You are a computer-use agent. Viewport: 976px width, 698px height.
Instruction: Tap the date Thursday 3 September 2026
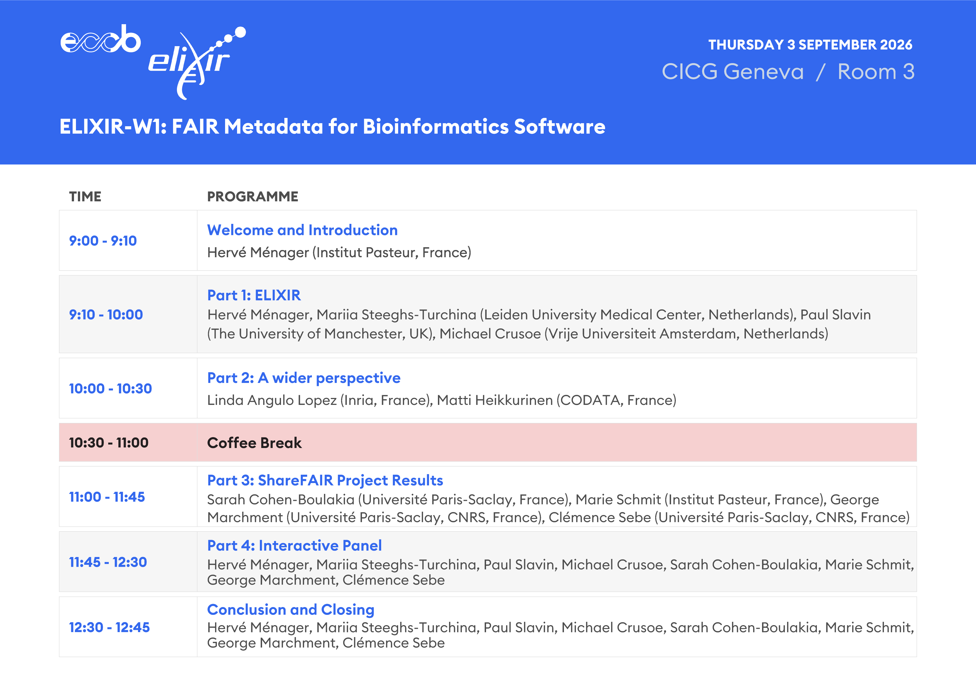pos(810,45)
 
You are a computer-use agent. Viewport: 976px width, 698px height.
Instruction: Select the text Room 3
pos(876,71)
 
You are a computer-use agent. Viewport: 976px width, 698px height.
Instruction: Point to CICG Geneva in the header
pos(733,71)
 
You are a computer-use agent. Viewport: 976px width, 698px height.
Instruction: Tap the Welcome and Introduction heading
pos(302,230)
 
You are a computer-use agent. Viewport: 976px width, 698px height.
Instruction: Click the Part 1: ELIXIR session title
pos(254,295)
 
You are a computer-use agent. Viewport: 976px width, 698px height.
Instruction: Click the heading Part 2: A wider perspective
pos(304,378)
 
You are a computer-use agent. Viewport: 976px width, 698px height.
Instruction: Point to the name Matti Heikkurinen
pos(494,400)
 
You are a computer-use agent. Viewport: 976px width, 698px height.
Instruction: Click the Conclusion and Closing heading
pos(291,610)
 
